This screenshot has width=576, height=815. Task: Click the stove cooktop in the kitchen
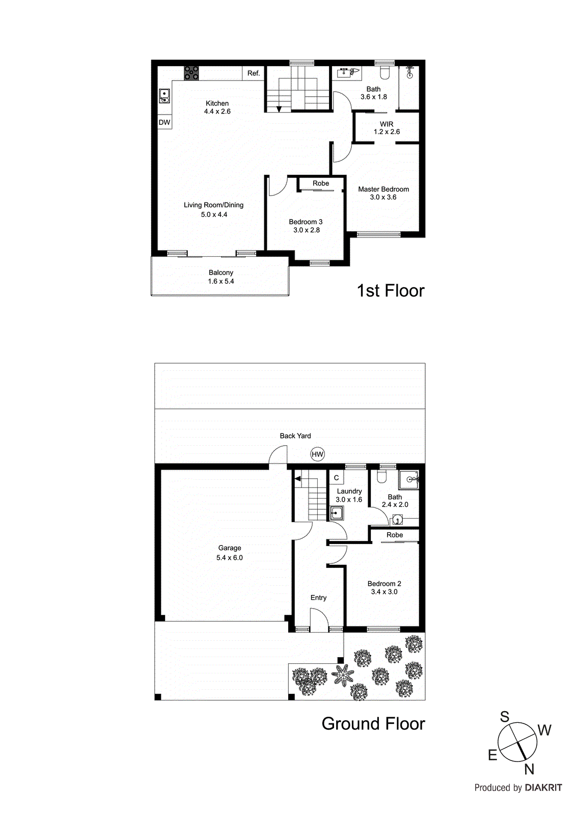[x=191, y=73]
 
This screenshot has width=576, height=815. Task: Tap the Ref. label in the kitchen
[x=253, y=73]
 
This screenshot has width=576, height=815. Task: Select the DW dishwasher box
[x=164, y=122]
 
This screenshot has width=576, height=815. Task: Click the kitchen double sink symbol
[x=164, y=96]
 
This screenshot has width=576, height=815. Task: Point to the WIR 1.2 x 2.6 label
[x=387, y=128]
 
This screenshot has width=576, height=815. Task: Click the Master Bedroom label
[x=383, y=189]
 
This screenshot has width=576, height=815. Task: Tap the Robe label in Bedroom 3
[x=320, y=183]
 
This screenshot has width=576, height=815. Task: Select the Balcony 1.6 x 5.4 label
[x=221, y=277]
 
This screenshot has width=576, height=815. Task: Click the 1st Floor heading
[x=390, y=291]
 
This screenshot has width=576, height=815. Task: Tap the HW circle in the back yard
[x=317, y=454]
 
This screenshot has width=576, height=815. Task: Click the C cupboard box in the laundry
[x=336, y=478]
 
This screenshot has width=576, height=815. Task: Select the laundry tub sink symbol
[x=336, y=513]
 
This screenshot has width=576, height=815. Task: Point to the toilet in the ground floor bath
[x=382, y=477]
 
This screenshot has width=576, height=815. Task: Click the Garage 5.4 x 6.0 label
[x=229, y=553]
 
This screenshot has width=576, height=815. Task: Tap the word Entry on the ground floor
[x=318, y=598]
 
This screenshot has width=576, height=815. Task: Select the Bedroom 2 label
[x=384, y=584]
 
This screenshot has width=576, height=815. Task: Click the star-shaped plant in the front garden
[x=343, y=674]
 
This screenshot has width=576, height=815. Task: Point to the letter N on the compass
[x=529, y=770]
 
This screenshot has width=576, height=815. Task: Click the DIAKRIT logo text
[x=543, y=788]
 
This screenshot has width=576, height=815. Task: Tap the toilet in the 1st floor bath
[x=385, y=73]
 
